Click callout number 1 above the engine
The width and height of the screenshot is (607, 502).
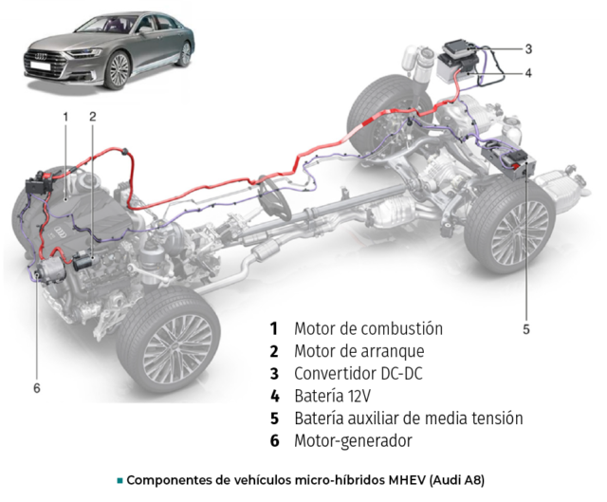tap(65, 117)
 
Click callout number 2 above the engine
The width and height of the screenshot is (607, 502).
tap(93, 117)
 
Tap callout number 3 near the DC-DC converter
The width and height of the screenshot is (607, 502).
tap(528, 49)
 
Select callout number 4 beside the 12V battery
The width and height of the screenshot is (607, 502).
tap(528, 73)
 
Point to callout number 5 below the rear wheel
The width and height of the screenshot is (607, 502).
tap(525, 329)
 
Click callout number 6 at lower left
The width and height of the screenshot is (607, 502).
tap(37, 388)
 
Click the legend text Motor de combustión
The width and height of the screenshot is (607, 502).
tap(369, 329)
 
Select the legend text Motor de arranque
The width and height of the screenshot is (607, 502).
tap(359, 351)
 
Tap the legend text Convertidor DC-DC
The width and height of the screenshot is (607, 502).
tap(359, 374)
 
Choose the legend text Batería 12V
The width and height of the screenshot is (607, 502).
tap(333, 397)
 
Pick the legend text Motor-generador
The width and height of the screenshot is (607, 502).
tap(353, 441)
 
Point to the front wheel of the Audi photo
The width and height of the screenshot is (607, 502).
tap(118, 70)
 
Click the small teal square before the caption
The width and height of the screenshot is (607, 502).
tap(120, 481)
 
